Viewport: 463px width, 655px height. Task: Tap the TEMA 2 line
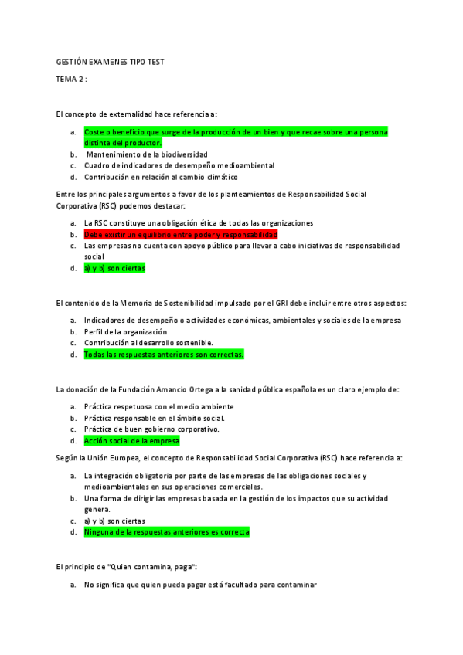coord(71,80)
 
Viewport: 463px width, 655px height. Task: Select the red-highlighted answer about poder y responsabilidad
coord(180,234)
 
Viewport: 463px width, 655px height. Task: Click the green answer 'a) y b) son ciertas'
coord(114,268)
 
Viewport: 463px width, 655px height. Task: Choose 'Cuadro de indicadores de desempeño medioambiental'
coord(179,165)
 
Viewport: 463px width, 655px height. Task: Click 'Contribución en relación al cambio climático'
coord(161,177)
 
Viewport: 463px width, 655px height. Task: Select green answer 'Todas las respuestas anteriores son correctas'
coord(164,355)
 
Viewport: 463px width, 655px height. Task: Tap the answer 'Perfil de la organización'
coord(125,331)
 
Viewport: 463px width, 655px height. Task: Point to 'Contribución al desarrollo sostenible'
coord(148,343)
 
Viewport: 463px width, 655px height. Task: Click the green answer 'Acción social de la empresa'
coord(131,441)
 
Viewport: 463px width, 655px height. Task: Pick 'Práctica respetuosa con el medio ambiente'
coord(158,406)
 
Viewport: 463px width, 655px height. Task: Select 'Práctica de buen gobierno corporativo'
coord(151,429)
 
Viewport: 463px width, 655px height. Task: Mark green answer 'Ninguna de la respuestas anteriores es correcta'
coord(166,532)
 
